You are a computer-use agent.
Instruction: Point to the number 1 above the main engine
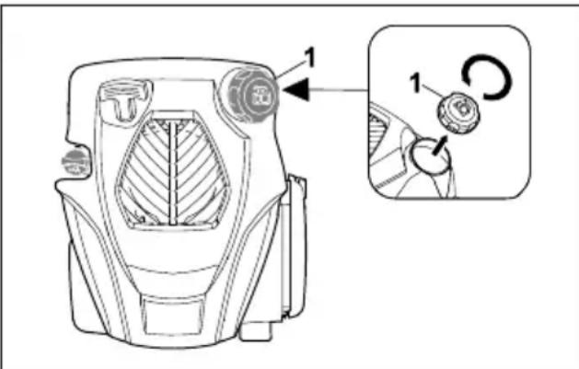[x=311, y=57]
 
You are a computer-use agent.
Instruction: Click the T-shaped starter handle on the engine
[x=122, y=98]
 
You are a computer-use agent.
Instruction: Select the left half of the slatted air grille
[x=147, y=175]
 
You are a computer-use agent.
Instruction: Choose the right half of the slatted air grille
[x=195, y=175]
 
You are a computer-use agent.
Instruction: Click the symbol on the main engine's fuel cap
[x=257, y=93]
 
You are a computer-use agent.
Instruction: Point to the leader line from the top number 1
[x=291, y=70]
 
